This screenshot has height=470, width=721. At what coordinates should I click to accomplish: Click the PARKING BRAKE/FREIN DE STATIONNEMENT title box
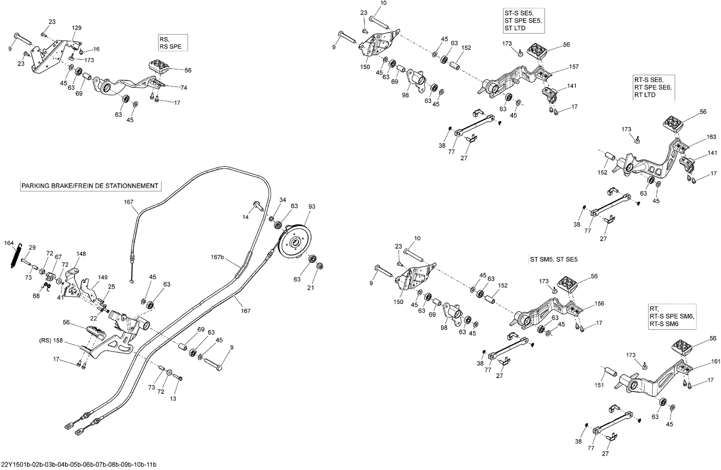click(90, 186)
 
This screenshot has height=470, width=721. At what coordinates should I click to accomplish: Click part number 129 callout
click(77, 28)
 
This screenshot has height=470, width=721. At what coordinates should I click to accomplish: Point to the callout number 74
click(184, 88)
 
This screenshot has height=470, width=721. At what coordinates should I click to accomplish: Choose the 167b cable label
click(218, 257)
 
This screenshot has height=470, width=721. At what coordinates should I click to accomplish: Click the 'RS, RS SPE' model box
click(171, 43)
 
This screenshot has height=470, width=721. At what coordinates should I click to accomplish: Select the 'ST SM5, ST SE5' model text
click(553, 259)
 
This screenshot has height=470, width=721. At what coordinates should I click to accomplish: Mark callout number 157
click(574, 67)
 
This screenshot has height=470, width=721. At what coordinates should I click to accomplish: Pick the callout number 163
click(711, 137)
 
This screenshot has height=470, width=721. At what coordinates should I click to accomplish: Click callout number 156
click(599, 304)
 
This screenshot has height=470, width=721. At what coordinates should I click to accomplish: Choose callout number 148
click(81, 254)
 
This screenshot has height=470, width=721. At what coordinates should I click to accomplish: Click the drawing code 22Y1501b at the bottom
click(78, 465)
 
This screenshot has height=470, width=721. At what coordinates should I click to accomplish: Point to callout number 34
click(283, 200)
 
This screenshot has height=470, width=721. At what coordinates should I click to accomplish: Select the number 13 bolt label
click(173, 398)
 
